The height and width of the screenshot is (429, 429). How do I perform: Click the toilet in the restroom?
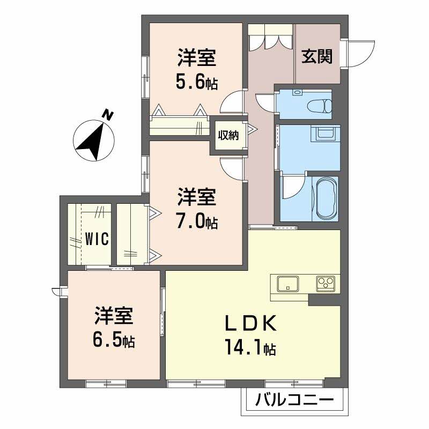click(320, 105)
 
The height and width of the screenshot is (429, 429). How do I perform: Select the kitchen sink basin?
click(288, 284)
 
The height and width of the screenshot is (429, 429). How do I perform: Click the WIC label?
click(97, 239)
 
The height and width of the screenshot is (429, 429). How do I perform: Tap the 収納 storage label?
click(228, 136)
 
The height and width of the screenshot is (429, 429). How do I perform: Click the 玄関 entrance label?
click(317, 57)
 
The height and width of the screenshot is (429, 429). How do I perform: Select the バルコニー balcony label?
click(294, 400)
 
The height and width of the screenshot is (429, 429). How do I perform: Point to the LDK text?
click(250, 324)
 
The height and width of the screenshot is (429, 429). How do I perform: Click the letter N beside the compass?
click(108, 115)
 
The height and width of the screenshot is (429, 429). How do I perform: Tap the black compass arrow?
click(92, 141)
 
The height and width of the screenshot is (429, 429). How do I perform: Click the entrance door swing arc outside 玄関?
click(364, 56)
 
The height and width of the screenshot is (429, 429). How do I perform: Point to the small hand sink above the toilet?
click(297, 92)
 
